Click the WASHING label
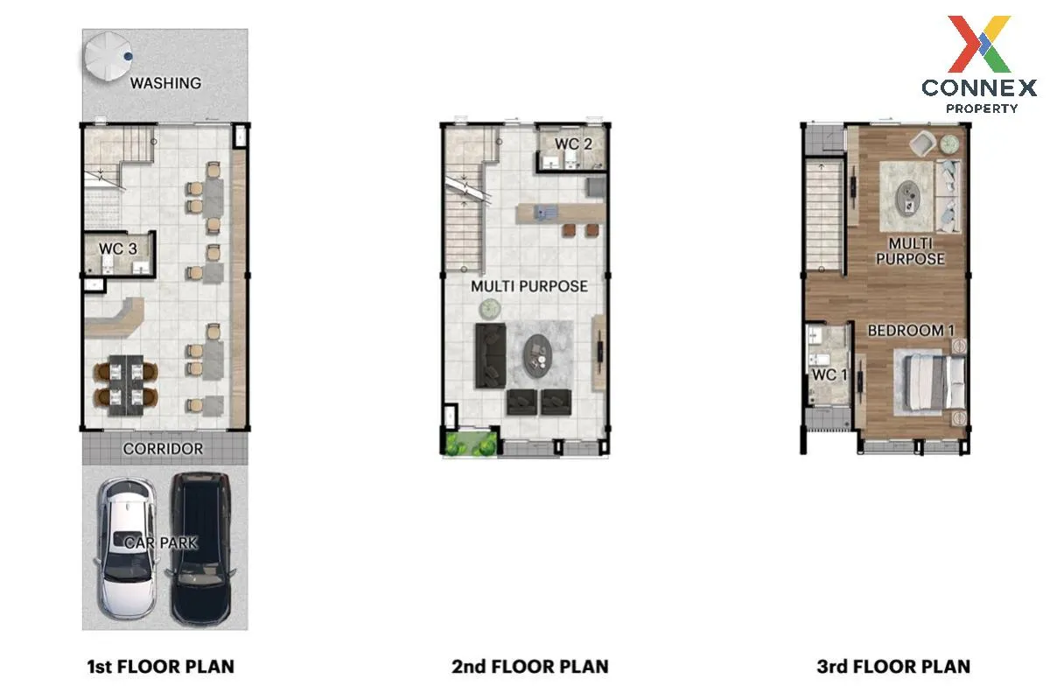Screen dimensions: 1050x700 tap(165, 83)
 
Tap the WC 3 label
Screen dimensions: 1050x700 tap(117, 248)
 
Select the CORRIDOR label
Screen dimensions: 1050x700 tap(163, 449)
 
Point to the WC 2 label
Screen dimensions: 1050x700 tap(573, 144)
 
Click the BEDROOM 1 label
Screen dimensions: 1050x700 tap(911, 331)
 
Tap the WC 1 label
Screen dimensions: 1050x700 tap(829, 374)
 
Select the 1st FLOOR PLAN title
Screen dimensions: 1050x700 tap(160, 667)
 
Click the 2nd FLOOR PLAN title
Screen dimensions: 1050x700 tap(529, 667)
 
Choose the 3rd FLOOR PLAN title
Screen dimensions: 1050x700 tap(893, 667)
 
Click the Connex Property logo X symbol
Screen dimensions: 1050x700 tap(979, 44)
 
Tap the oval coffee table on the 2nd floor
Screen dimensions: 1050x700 tap(537, 356)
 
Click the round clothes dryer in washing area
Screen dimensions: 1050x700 tap(108, 56)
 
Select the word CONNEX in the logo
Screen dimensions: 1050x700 tap(979, 88)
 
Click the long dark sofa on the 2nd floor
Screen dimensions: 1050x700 tap(491, 356)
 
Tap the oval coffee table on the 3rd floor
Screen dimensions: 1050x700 tap(908, 199)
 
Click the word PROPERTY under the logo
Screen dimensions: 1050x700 tap(982, 108)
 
